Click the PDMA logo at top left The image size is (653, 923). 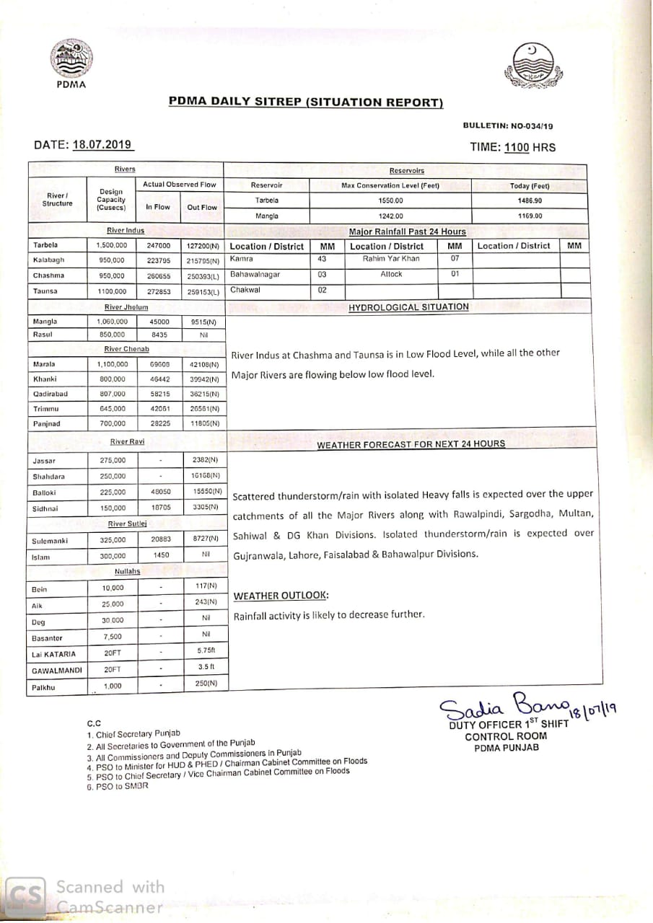point(70,59)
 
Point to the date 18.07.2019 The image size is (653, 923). point(102,144)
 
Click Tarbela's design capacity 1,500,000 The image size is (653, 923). point(112,245)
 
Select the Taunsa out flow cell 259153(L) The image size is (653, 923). point(203,291)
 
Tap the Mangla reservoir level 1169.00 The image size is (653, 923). point(530,216)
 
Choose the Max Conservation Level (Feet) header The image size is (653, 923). point(390,185)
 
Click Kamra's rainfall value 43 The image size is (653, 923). point(322,258)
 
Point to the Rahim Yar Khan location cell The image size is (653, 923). point(390,259)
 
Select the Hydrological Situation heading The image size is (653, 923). point(408,307)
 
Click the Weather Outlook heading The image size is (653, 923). point(281,596)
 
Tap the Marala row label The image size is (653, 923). point(44,364)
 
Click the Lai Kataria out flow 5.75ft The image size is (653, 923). point(206,650)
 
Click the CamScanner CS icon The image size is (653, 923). point(25,896)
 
